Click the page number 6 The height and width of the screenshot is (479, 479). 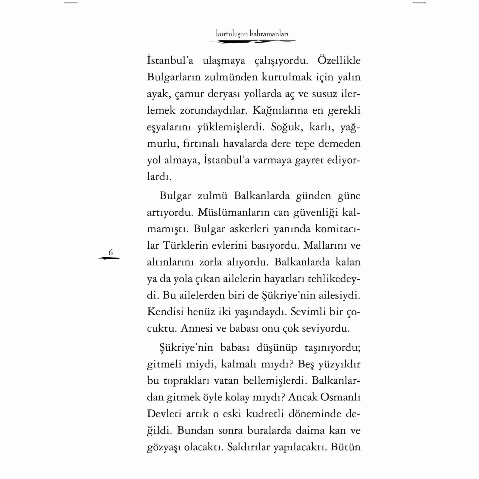click(111, 252)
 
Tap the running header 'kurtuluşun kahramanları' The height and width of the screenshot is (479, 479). click(252, 34)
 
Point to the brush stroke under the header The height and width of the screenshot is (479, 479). click(252, 42)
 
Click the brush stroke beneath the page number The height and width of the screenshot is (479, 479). click(109, 259)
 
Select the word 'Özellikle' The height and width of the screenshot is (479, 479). click(339, 61)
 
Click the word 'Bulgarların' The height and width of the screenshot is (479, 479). click(174, 77)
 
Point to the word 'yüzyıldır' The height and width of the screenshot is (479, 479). click(339, 365)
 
